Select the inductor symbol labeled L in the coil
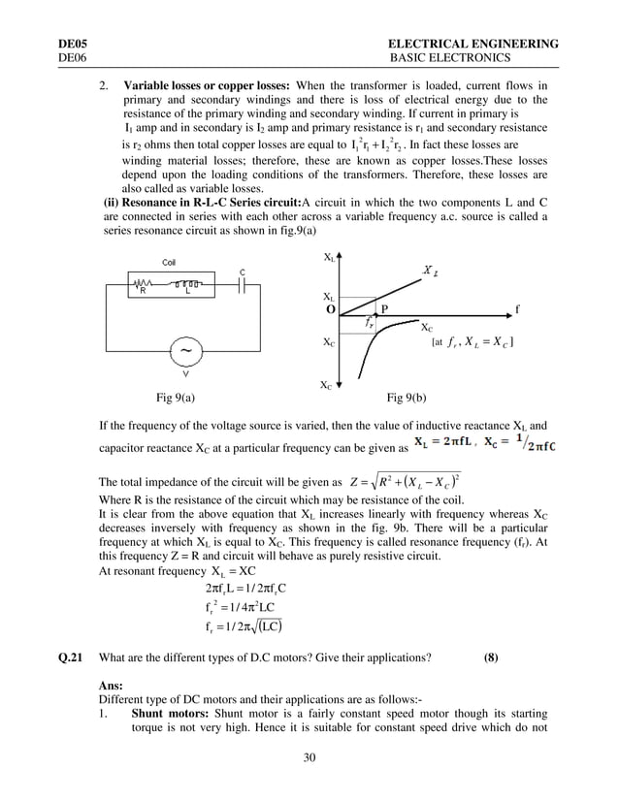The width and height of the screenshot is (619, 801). tap(189, 286)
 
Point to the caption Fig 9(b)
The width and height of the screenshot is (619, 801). tap(407, 398)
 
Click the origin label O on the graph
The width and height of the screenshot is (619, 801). tap(331, 309)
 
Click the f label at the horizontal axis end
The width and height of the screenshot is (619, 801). tap(517, 309)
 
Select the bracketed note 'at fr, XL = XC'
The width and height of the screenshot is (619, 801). tap(472, 342)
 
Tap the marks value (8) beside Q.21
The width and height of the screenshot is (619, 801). tap(491, 657)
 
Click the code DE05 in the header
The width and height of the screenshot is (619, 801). tap(73, 45)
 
